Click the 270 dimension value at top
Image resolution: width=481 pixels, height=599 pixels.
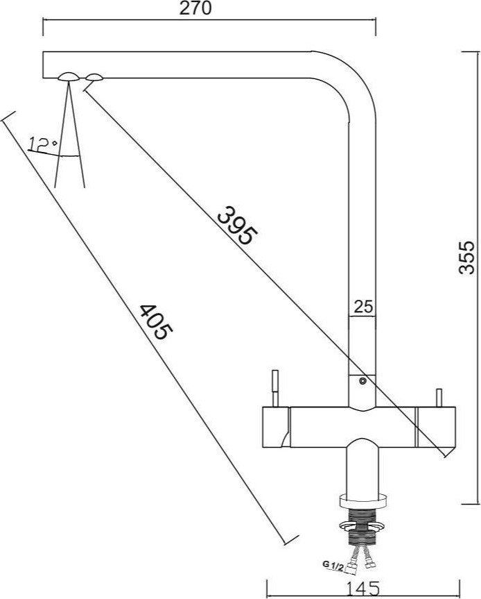click(x=195, y=8)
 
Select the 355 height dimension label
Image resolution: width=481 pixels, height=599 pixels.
click(x=466, y=258)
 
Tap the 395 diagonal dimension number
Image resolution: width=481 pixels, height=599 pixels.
click(x=236, y=226)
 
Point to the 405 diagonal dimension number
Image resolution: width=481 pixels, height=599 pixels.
click(x=155, y=322)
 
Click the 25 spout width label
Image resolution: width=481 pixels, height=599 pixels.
click(x=363, y=306)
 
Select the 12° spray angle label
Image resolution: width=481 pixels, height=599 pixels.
click(x=43, y=144)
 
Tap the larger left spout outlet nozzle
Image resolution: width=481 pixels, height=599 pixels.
click(x=69, y=76)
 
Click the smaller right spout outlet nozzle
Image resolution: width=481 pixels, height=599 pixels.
click(x=94, y=77)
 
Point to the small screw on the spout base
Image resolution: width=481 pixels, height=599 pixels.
click(x=362, y=380)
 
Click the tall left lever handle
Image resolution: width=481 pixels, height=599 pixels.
click(x=275, y=388)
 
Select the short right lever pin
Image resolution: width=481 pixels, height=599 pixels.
click(x=439, y=398)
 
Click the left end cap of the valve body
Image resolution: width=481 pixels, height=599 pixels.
click(x=276, y=427)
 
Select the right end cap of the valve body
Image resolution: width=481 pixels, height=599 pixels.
click(x=436, y=427)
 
